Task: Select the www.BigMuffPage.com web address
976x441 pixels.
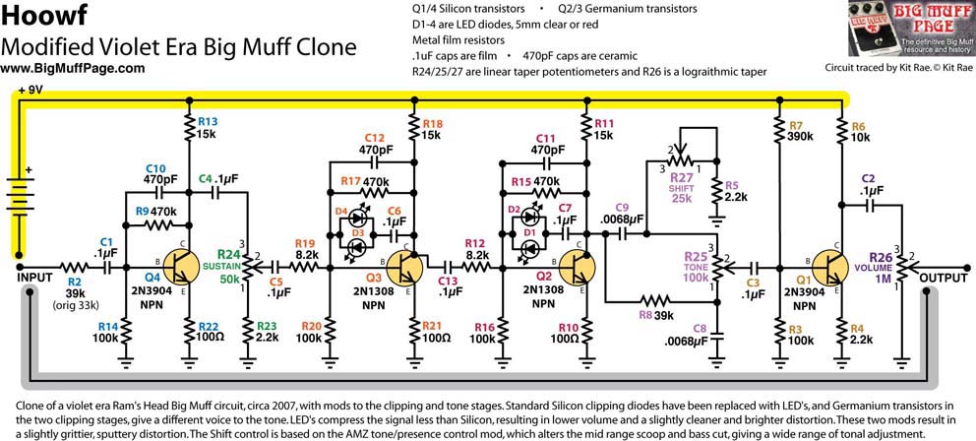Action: point(73,68)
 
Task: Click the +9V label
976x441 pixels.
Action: point(30,90)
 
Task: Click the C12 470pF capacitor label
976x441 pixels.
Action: point(375,145)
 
